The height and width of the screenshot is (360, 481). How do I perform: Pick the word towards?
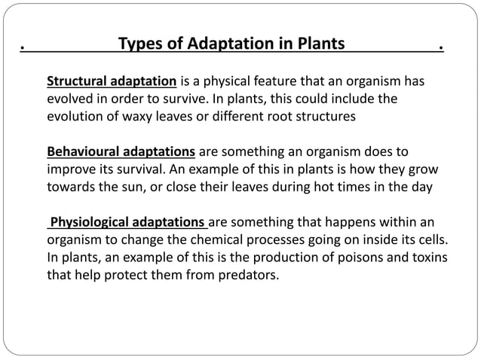click(72, 187)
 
